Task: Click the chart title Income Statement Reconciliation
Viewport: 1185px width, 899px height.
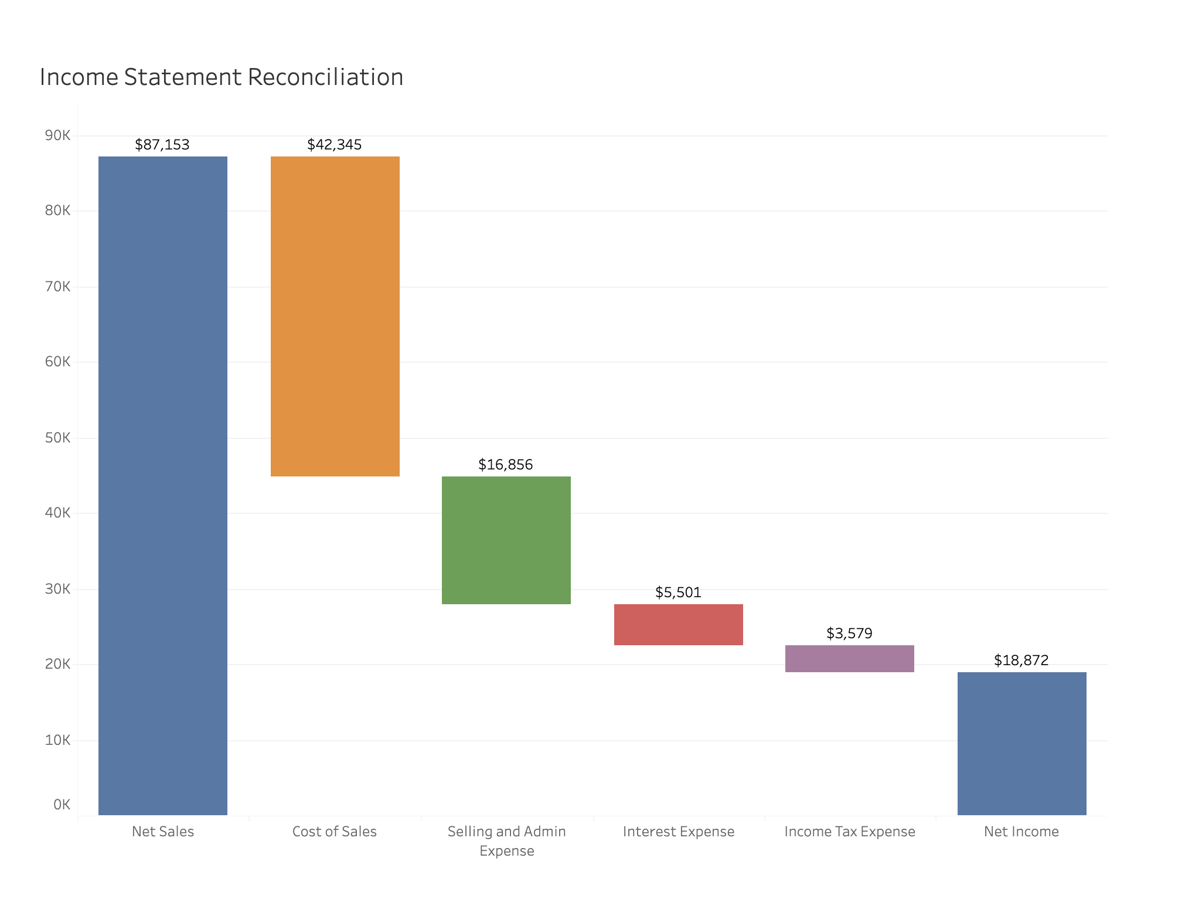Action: [222, 77]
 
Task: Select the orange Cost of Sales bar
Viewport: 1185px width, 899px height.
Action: [335, 316]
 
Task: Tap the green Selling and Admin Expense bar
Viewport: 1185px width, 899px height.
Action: [506, 540]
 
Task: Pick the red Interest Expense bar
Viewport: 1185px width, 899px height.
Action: [678, 625]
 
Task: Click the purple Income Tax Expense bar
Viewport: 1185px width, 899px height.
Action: [849, 659]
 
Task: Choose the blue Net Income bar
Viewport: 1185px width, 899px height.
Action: [1021, 743]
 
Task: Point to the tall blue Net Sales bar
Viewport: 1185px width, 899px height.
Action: [163, 485]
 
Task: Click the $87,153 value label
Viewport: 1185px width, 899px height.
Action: [162, 145]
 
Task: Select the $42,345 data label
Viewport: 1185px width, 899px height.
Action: [335, 145]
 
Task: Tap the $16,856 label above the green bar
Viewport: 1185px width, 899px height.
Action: [506, 465]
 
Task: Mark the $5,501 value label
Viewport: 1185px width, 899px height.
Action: [678, 592]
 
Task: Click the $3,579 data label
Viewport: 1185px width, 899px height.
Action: [849, 634]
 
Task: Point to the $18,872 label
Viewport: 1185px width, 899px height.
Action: [1021, 660]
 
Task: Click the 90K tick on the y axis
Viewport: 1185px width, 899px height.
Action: [57, 136]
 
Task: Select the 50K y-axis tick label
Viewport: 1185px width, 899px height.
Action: [57, 438]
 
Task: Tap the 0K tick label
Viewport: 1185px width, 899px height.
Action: [62, 805]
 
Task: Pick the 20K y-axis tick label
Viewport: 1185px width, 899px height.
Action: [57, 664]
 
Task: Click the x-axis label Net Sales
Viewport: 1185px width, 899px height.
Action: [163, 832]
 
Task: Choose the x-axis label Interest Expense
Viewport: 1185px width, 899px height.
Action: [678, 832]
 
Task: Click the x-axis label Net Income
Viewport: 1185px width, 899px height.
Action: [1021, 832]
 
